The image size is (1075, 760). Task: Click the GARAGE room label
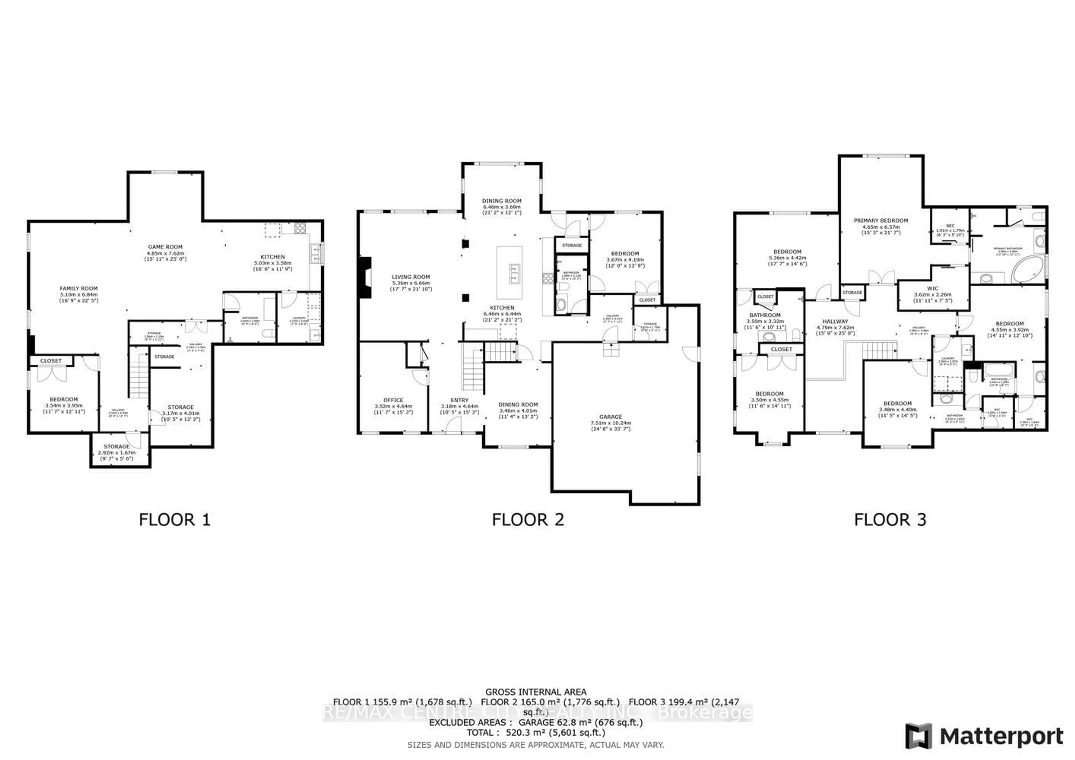pyautogui.click(x=611, y=416)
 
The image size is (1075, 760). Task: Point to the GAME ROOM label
pyautogui.click(x=165, y=247)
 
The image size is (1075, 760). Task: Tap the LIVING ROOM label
pyautogui.click(x=411, y=277)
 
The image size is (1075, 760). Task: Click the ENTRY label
pyautogui.click(x=459, y=400)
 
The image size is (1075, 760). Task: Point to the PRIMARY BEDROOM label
pyautogui.click(x=881, y=221)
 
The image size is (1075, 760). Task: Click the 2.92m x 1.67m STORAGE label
pyautogui.click(x=116, y=447)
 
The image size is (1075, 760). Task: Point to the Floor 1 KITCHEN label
pyautogui.click(x=272, y=257)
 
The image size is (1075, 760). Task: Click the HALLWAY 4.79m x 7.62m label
pyautogui.click(x=835, y=322)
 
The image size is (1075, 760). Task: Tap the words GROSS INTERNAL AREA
pyautogui.click(x=536, y=692)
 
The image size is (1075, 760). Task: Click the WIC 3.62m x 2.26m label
pyautogui.click(x=933, y=289)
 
